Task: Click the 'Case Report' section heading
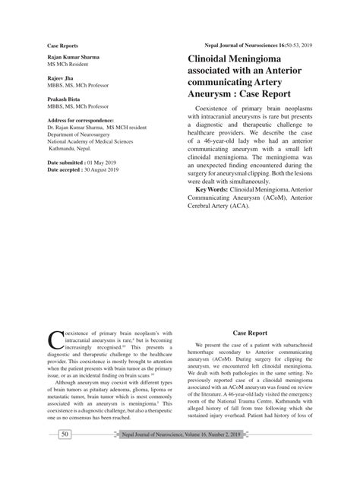pos(249,332)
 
